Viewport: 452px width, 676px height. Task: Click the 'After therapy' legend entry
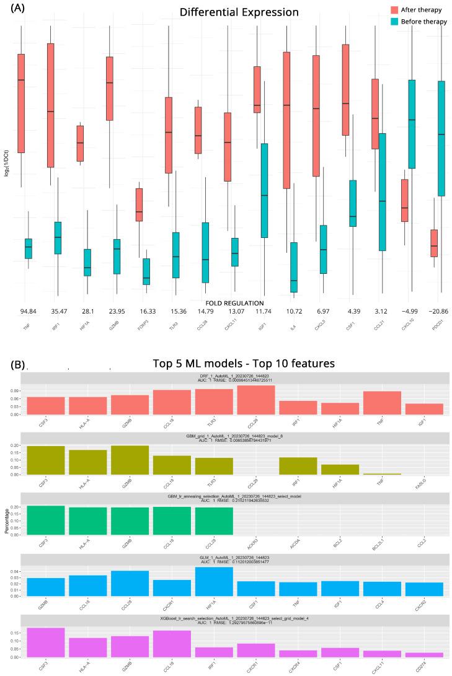(x=416, y=10)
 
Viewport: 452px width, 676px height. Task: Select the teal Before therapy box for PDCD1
(x=441, y=138)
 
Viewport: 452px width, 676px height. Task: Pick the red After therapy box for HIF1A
(x=80, y=144)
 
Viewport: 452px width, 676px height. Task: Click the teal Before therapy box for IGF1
(x=264, y=190)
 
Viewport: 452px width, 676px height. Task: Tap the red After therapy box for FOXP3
(x=139, y=205)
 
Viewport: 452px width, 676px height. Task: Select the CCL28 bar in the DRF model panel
(x=255, y=400)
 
